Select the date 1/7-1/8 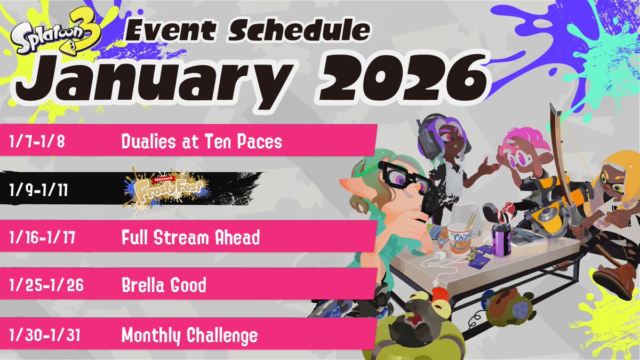point(38,142)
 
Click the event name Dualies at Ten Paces point(202,142)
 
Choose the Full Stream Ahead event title point(190,237)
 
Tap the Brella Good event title point(164,286)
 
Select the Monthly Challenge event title point(189,335)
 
